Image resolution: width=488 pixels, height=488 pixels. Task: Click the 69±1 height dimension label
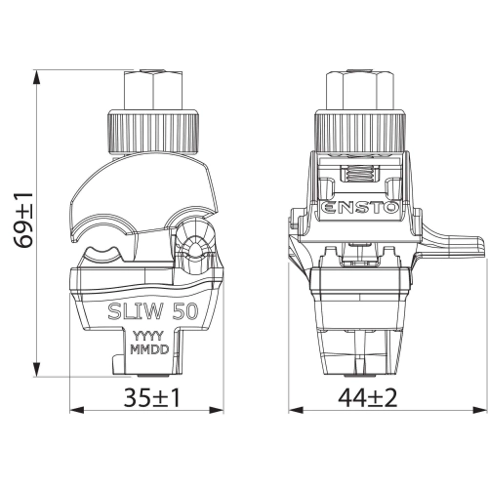coord(23,221)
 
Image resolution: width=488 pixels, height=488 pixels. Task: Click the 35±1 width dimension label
coord(151,397)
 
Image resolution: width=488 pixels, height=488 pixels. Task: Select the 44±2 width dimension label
coord(368,397)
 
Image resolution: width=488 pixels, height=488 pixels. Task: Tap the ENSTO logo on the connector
coord(360,208)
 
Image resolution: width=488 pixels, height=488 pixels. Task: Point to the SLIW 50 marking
coord(153,311)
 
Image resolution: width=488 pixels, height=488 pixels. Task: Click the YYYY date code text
coord(149,336)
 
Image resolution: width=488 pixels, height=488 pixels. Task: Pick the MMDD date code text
coord(149,349)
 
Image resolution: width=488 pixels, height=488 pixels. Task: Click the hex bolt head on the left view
coord(153,89)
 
